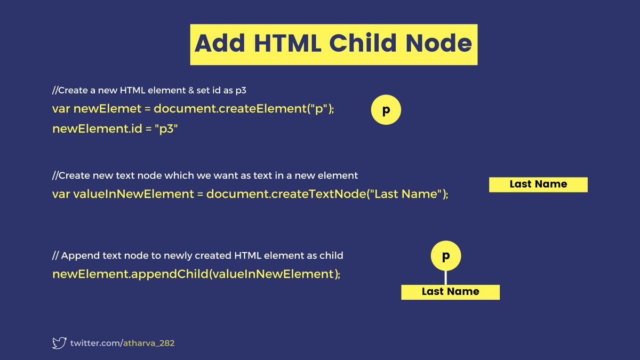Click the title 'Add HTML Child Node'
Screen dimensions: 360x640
point(333,44)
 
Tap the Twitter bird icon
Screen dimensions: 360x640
point(59,343)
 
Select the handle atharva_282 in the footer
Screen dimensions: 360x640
point(149,343)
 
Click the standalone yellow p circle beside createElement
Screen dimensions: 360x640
point(386,110)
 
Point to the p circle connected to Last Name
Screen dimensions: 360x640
point(445,257)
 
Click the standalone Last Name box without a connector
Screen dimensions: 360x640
point(538,185)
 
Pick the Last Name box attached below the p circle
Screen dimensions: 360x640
point(450,292)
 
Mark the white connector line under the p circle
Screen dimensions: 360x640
point(445,278)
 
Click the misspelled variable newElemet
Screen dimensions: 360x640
point(107,109)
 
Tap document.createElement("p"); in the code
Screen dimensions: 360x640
point(244,109)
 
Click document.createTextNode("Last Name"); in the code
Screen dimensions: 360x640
point(327,194)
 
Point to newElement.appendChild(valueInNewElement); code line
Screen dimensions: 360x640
point(196,274)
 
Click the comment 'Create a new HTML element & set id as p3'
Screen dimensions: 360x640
point(149,90)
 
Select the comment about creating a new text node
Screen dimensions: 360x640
point(205,175)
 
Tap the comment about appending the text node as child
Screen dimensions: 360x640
point(198,255)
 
